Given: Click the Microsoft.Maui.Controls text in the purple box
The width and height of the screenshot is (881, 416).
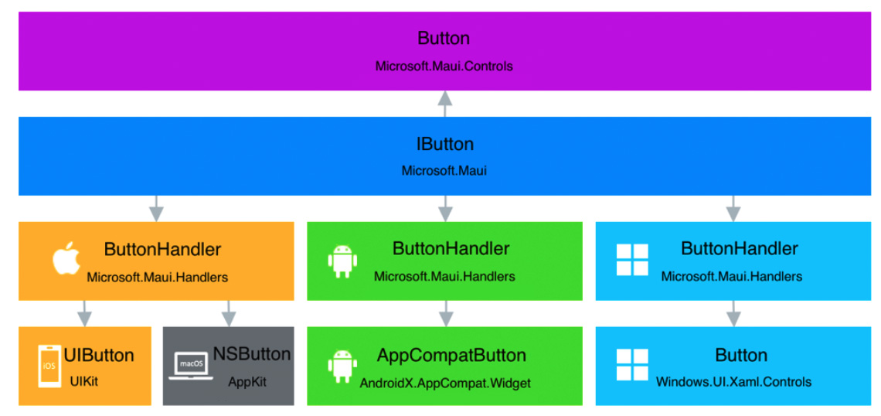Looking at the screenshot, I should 444,66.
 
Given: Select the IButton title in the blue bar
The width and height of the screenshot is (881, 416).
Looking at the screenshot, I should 444,145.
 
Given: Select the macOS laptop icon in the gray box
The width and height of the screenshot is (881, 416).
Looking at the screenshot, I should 189,367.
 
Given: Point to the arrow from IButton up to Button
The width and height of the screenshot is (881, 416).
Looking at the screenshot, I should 444,104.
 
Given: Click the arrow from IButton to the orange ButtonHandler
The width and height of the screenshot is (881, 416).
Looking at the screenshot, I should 156,208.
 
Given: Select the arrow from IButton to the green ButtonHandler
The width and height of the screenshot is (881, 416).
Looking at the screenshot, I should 444,208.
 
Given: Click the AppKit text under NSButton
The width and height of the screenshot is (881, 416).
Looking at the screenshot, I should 247,381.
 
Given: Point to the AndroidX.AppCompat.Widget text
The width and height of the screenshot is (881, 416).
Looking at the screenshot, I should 445,382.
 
